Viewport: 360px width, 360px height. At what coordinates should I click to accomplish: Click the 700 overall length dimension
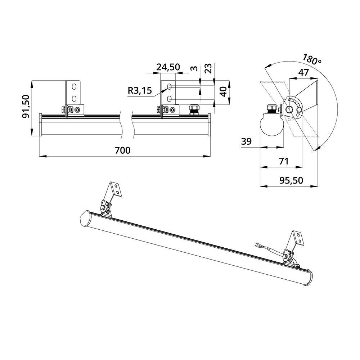(x=122, y=150)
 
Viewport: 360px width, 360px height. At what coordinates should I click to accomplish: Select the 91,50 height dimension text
(x=26, y=106)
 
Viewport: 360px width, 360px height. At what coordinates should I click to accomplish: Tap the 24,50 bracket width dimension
(x=168, y=67)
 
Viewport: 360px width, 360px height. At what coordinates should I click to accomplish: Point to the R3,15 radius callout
(x=140, y=91)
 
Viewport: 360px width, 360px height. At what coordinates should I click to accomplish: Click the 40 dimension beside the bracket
(x=223, y=91)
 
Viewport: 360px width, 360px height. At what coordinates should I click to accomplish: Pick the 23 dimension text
(x=208, y=68)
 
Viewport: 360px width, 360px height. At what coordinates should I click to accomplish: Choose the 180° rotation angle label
(x=311, y=59)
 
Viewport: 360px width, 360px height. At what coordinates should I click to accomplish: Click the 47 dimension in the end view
(x=303, y=73)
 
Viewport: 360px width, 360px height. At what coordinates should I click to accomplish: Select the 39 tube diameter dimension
(x=246, y=141)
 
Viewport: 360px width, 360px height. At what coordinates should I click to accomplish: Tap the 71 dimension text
(x=284, y=161)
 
